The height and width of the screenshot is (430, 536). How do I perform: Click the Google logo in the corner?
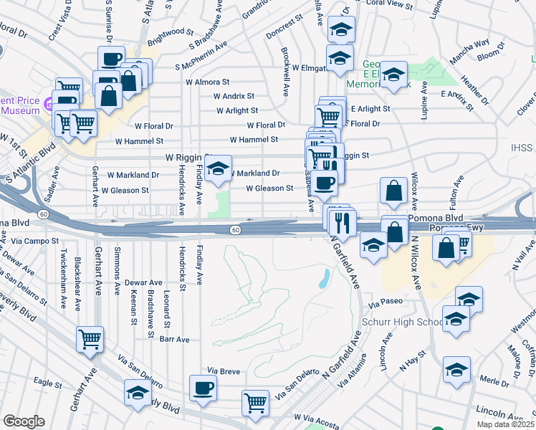(23, 421)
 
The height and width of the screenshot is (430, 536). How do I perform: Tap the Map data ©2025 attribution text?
(505, 424)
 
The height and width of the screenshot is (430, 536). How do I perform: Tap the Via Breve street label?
(222, 371)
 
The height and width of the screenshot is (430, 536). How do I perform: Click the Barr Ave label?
(174, 339)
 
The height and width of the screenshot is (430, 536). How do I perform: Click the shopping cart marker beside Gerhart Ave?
(90, 339)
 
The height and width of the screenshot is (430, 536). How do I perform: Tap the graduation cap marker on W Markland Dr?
(218, 169)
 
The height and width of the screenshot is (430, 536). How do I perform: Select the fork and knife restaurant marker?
(344, 221)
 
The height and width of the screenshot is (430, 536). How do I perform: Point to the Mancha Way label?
(470, 44)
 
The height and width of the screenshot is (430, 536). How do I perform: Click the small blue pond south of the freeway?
(325, 277)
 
